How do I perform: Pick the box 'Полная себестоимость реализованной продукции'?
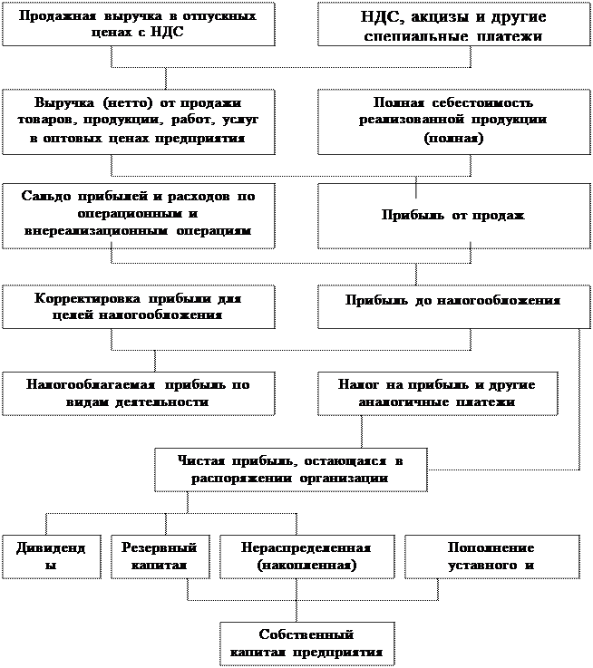(x=453, y=121)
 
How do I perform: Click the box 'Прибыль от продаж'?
(x=453, y=216)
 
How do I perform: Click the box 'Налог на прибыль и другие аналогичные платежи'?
(x=437, y=393)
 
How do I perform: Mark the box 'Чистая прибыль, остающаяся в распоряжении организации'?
(x=290, y=470)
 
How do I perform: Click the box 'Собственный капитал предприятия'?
(x=306, y=644)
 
